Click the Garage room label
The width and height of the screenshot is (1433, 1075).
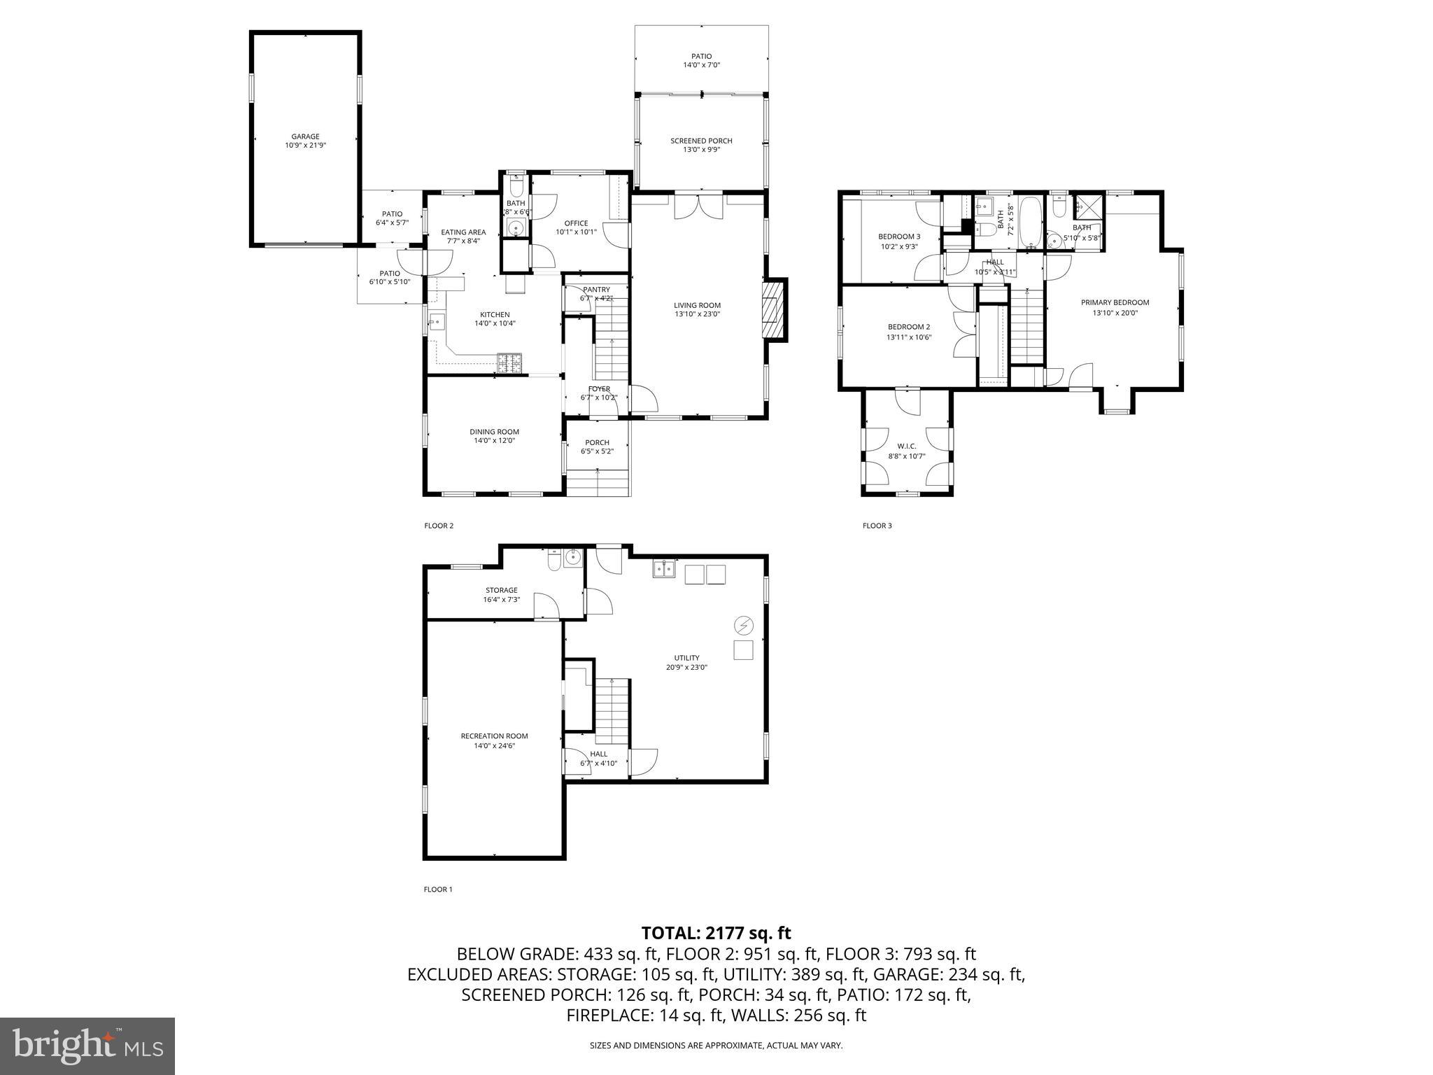[306, 137]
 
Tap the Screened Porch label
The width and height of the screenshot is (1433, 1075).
[701, 141]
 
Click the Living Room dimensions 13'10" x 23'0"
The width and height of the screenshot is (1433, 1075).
[697, 314]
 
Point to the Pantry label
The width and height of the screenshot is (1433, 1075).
[596, 290]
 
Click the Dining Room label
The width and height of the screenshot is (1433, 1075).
[494, 432]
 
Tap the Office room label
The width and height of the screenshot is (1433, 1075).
[576, 223]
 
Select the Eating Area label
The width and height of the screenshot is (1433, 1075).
[463, 232]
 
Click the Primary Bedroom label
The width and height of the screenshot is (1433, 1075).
[1115, 303]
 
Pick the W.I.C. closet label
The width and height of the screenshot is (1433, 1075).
[906, 447]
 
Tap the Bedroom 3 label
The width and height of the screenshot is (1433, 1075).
[899, 237]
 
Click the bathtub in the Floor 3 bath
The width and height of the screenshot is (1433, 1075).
[1029, 223]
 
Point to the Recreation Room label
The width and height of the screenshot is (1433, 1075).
[494, 736]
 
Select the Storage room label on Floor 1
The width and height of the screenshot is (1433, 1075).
[501, 590]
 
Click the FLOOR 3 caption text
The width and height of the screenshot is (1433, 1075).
[877, 526]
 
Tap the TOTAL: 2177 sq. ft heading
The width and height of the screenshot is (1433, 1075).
[716, 933]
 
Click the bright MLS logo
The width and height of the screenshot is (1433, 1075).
[87, 1046]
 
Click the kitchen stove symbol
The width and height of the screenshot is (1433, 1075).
[511, 363]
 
